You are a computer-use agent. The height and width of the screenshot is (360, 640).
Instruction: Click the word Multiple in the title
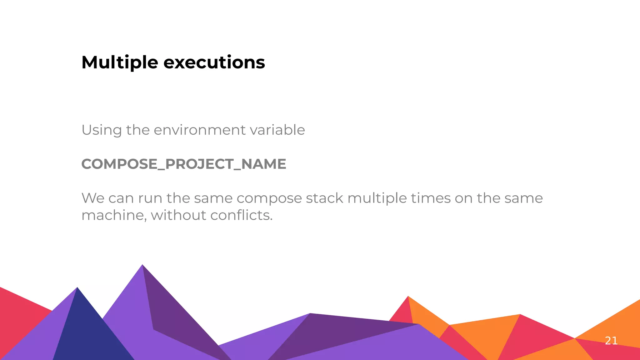point(120,62)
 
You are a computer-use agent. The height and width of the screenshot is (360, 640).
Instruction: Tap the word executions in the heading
point(214,62)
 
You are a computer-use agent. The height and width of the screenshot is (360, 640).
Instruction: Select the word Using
point(102,130)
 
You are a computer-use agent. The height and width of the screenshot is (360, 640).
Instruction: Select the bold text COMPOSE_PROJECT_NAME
point(183,164)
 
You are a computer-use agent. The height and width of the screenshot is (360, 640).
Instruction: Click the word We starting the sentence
point(93,198)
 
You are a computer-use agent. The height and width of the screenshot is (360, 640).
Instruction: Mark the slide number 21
point(611,341)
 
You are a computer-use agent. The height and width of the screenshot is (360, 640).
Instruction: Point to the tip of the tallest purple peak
point(142,266)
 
